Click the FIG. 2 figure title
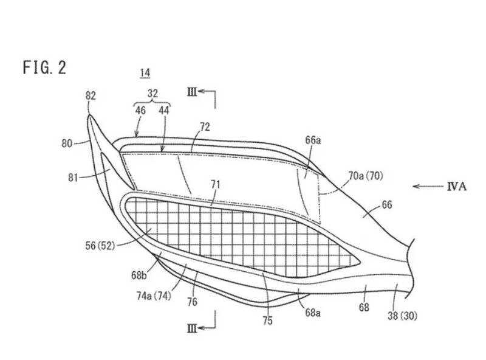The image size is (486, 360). [x=44, y=67]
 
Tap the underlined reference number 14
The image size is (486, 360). [x=145, y=73]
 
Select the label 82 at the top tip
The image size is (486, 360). [x=91, y=96]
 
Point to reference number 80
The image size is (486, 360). [x=67, y=144]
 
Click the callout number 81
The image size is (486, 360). [x=73, y=178]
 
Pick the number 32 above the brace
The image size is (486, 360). [x=152, y=93]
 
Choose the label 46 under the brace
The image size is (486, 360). [x=140, y=110]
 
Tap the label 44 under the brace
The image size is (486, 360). [x=164, y=110]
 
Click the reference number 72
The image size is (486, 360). [x=205, y=127]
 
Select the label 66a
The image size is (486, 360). [x=313, y=140]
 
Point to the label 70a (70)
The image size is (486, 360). [x=366, y=176]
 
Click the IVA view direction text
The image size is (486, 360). [x=457, y=187]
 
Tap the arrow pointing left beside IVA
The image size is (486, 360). [x=428, y=187]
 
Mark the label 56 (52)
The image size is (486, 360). [x=100, y=246]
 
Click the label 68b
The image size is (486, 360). [x=139, y=275]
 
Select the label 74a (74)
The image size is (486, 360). [x=154, y=296]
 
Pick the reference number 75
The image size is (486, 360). [x=267, y=320]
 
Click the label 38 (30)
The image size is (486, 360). [x=402, y=316]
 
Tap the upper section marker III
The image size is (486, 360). [x=192, y=92]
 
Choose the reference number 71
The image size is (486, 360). [x=216, y=185]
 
